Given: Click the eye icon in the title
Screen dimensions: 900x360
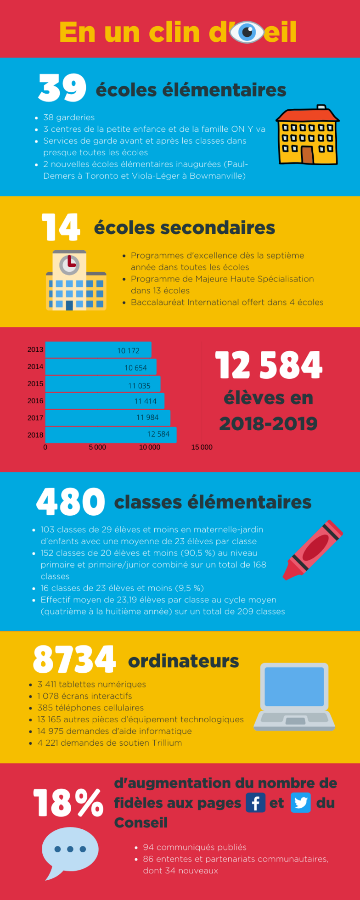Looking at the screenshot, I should coord(247,32).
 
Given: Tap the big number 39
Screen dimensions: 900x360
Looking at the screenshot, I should coord(62,88).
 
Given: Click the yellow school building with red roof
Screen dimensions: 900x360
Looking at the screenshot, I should coord(307,136).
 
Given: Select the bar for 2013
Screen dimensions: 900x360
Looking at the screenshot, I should coord(98,350).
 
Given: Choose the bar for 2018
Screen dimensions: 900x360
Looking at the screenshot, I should coord(111,434).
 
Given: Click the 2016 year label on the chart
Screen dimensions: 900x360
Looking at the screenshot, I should coord(35,401).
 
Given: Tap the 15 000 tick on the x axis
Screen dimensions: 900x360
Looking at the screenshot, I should coord(202,447).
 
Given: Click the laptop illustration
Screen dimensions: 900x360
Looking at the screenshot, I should coord(294,696).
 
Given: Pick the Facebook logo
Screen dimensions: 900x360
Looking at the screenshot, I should coord(255,803).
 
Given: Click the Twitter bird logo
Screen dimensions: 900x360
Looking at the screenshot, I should coord(301,803).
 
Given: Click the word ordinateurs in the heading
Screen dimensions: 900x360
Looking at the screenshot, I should coord(183,661).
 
